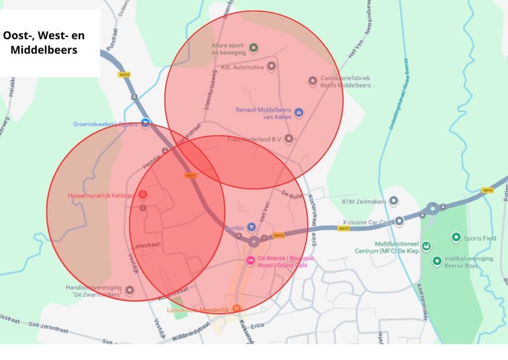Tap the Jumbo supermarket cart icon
250,227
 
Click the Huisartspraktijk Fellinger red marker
142,195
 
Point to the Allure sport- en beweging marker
254,48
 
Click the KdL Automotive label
242,67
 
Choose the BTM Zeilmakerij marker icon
393,201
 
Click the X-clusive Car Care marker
399,221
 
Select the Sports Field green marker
456,237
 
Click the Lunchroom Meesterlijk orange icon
236,308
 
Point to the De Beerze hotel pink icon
250,261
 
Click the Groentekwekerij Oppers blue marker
145,123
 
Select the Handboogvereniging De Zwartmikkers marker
130,290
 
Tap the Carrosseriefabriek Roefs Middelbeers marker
313,81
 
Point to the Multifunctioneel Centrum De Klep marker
426,247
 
